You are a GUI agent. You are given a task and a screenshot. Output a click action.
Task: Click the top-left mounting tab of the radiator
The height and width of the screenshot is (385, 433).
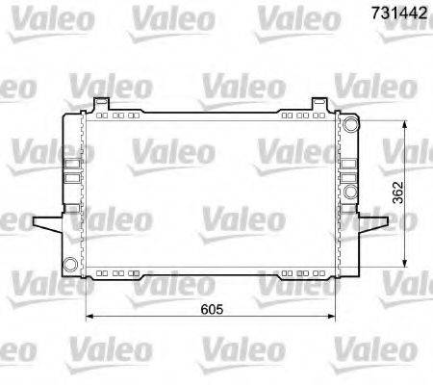click(100, 103)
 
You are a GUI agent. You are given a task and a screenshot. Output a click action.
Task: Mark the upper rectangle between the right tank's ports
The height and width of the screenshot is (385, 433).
click(348, 154)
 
